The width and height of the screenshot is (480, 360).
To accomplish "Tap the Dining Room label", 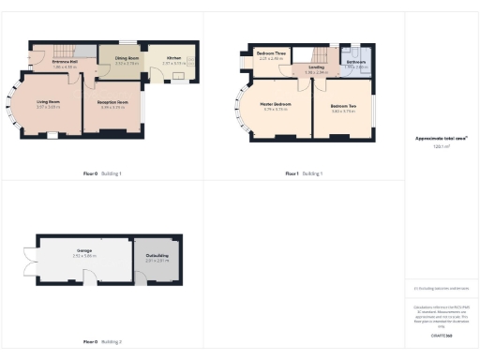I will click(x=127, y=58).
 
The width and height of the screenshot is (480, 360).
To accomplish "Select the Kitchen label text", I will click(x=174, y=58).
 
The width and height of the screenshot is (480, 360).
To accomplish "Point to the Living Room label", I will click(x=49, y=101).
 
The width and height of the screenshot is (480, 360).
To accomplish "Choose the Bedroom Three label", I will click(x=270, y=53).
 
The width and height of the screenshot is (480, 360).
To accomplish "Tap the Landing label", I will click(x=316, y=67).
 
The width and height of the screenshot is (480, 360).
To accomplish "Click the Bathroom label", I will click(x=355, y=63).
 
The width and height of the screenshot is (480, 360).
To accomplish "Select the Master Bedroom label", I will click(x=276, y=103).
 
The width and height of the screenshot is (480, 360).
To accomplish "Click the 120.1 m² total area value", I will click(x=441, y=146).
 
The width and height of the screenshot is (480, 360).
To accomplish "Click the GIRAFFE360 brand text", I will click(x=441, y=335).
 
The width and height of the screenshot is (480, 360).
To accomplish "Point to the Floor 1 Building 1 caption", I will click(x=304, y=173).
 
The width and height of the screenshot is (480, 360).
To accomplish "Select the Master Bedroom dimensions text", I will click(x=276, y=109).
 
